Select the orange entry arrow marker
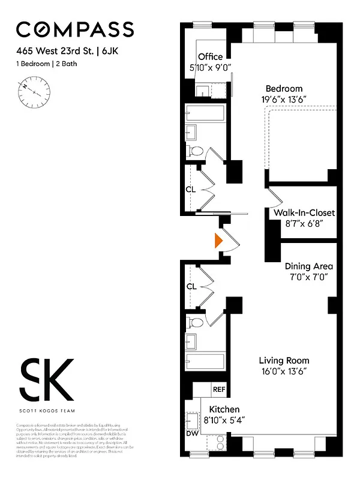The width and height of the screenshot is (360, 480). click(219, 241)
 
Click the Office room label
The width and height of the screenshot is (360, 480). click(211, 56)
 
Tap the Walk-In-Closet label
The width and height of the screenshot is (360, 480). click(304, 213)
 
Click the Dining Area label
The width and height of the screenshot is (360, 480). click(308, 266)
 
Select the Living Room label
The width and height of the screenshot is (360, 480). click(284, 361)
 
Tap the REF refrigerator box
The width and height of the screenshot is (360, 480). click(220, 389)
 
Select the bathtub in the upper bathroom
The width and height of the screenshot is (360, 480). click(205, 113)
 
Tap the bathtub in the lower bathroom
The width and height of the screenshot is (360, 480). click(205, 362)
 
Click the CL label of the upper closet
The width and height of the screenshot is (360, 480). click(190, 190)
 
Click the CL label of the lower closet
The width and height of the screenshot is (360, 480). click(191, 287)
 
